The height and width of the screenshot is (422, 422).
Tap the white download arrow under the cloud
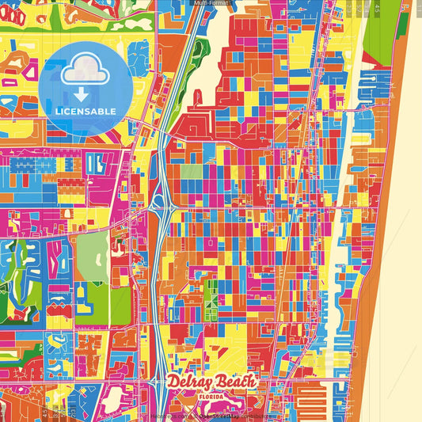[81, 94]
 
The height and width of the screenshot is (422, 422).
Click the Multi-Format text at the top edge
[211, 3]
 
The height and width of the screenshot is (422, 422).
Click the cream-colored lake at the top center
[215, 40]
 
